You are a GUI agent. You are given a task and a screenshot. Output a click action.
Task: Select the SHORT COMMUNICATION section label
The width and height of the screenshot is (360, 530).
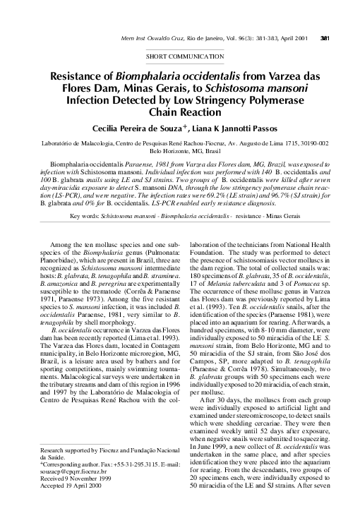point(180,54)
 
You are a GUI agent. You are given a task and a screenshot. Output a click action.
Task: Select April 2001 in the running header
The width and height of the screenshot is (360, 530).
point(294,19)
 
